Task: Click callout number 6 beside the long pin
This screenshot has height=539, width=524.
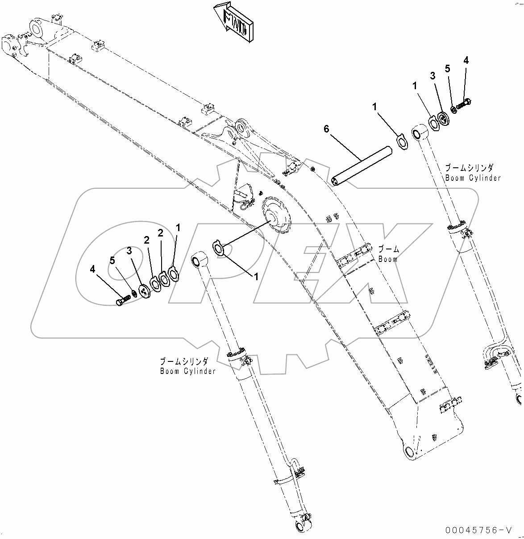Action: coord(326,129)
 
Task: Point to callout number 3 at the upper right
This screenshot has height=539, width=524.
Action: coord(433,76)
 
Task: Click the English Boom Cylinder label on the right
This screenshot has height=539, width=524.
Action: coord(473,178)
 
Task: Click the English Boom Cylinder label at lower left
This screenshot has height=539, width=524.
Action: coord(188,371)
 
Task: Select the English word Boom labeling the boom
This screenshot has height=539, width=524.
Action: coord(388,259)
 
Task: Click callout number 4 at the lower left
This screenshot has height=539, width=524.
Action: coord(93,269)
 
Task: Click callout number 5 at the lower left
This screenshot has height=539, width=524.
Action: coord(112,260)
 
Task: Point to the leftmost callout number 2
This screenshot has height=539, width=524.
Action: coord(146,240)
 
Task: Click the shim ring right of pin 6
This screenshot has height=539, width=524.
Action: coord(402,143)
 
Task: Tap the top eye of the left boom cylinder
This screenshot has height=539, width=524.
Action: coord(199,260)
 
